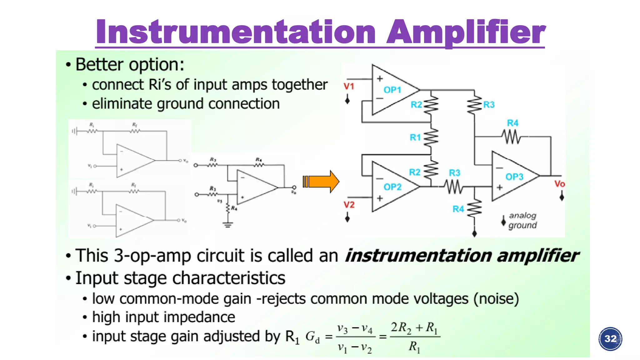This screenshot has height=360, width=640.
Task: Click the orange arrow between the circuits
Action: click(321, 182)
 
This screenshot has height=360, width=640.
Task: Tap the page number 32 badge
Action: click(610, 339)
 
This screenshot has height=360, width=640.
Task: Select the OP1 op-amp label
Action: click(392, 90)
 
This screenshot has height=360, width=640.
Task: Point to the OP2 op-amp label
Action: click(392, 187)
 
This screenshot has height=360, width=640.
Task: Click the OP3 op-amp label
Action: click(514, 177)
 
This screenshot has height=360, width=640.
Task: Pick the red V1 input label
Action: click(349, 86)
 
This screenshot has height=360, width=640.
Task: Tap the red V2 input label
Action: click(349, 205)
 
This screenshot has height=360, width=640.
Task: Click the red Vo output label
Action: click(559, 184)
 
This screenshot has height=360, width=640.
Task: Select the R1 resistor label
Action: click(415, 137)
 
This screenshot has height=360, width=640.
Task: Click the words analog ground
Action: click(522, 220)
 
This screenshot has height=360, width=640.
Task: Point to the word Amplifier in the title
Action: click(466, 32)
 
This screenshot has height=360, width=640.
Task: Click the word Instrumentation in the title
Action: click(236, 32)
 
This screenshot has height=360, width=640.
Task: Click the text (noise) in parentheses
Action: click(496, 299)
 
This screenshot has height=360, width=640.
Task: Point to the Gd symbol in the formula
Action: click(312, 337)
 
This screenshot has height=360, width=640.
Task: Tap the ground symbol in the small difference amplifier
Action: click(228, 224)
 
